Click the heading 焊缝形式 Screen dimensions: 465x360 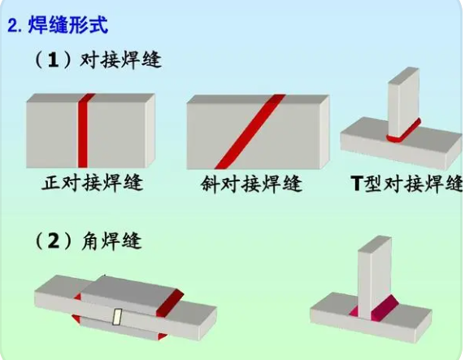[68, 24]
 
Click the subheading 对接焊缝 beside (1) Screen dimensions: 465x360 [120, 60]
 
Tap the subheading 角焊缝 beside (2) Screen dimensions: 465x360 [111, 241]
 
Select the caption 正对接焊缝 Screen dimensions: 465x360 [93, 183]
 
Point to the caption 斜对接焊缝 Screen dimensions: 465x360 [251, 184]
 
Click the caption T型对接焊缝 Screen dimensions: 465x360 [406, 184]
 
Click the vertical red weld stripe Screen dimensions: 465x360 [84, 131]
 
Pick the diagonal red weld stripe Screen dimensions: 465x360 [250, 132]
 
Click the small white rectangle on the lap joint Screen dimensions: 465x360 [117, 317]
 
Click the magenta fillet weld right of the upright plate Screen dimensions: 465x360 [385, 308]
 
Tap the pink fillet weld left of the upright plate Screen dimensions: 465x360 [354, 311]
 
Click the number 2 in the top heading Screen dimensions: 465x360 [13, 26]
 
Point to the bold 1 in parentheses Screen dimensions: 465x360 [53, 60]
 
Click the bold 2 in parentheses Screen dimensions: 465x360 [54, 241]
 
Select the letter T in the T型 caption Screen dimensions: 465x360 [357, 184]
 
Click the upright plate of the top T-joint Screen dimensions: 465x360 [403, 102]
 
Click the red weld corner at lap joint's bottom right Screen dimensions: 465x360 [163, 336]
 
